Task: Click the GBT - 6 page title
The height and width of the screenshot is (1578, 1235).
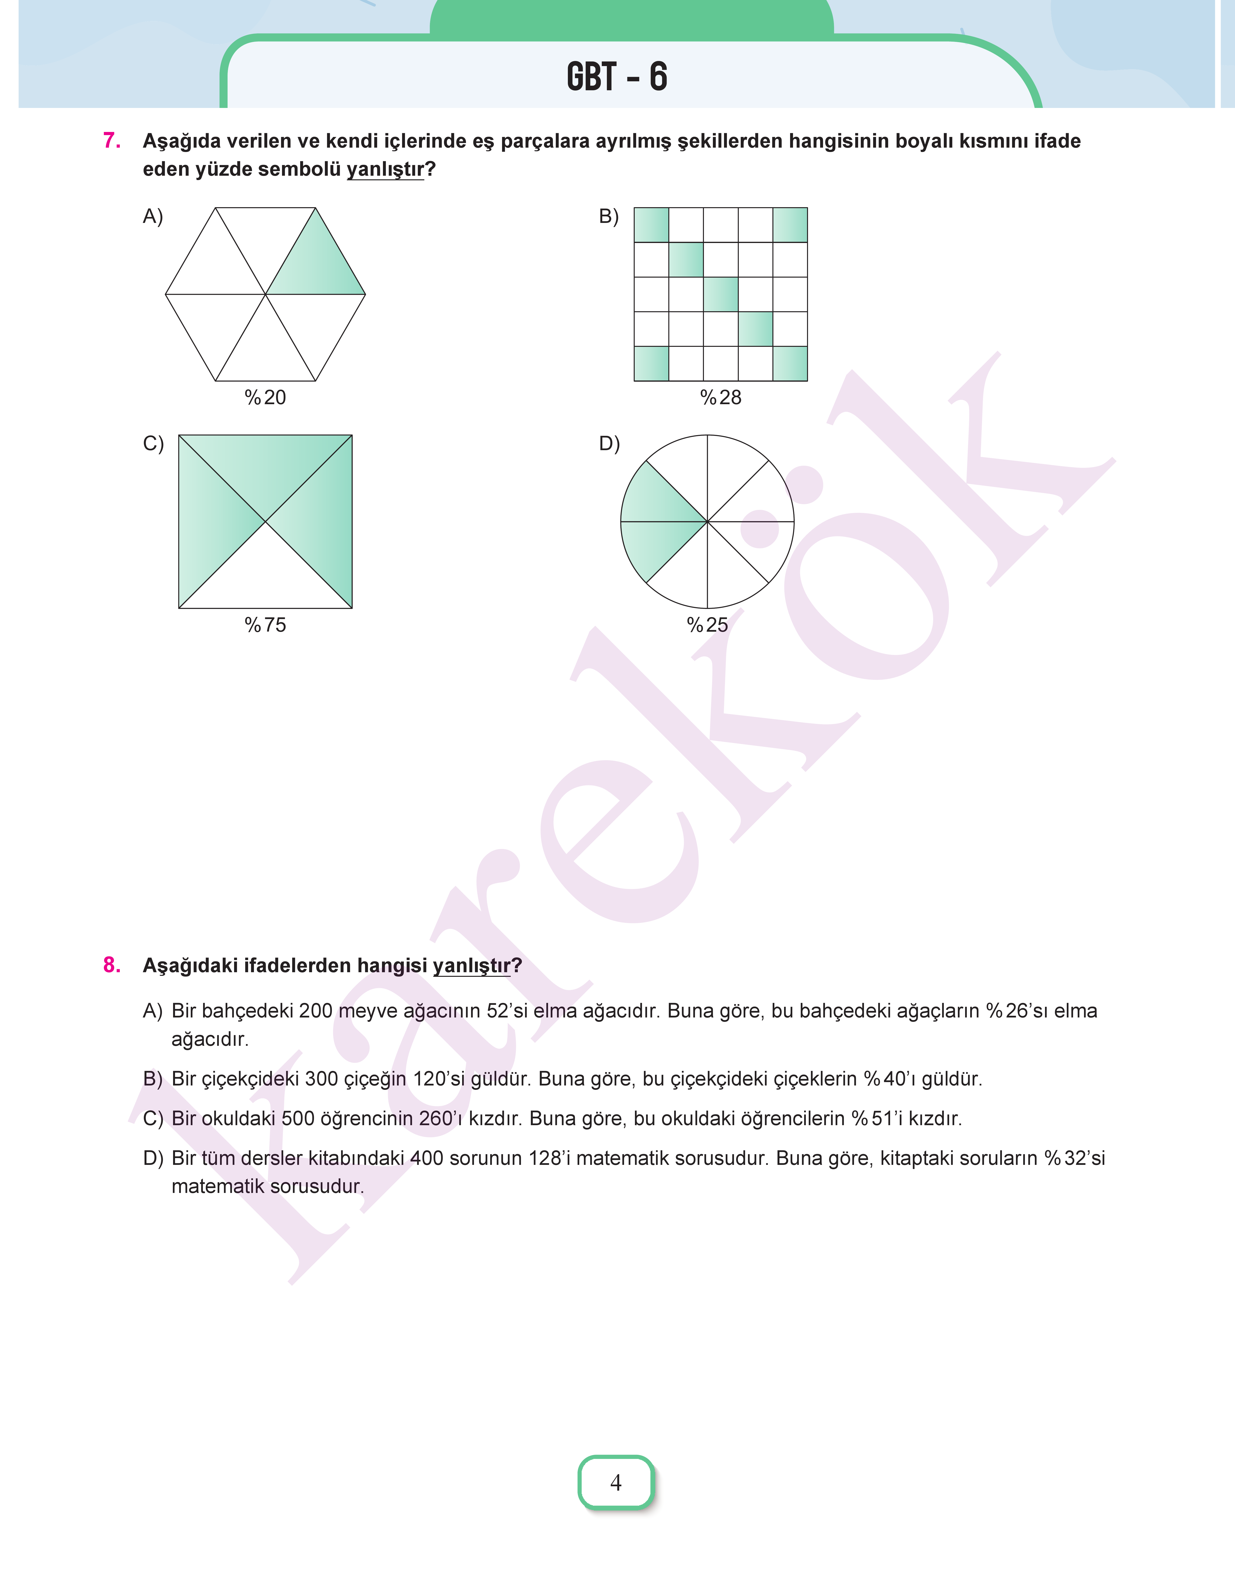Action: click(617, 77)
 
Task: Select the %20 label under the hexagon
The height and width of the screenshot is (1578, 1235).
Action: click(265, 398)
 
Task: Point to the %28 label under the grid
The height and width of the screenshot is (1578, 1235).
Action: click(721, 398)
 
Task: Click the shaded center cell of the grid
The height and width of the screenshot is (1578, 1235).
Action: click(721, 294)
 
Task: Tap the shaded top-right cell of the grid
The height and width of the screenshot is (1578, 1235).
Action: click(790, 225)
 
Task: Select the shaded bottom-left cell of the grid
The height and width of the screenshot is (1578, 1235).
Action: click(651, 364)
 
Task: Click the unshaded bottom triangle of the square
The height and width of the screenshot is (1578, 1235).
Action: click(265, 578)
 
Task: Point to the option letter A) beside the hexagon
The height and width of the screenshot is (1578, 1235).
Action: click(152, 216)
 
